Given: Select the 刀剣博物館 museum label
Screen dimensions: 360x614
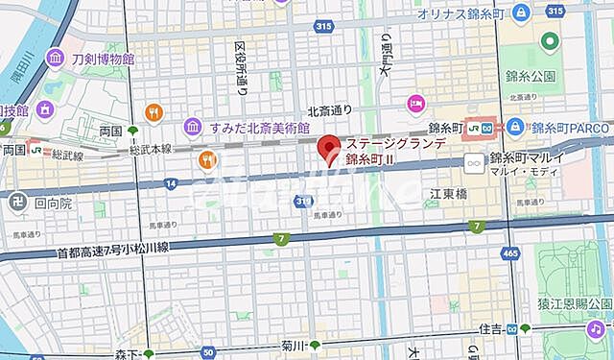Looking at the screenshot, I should (103, 60).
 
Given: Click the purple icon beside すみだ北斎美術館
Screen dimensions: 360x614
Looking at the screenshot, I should (193, 126).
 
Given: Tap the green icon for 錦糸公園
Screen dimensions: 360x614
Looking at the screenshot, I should (549, 41).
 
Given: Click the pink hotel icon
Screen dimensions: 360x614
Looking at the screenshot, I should (415, 103).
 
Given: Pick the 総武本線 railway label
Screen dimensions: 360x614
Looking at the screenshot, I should (151, 149).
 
